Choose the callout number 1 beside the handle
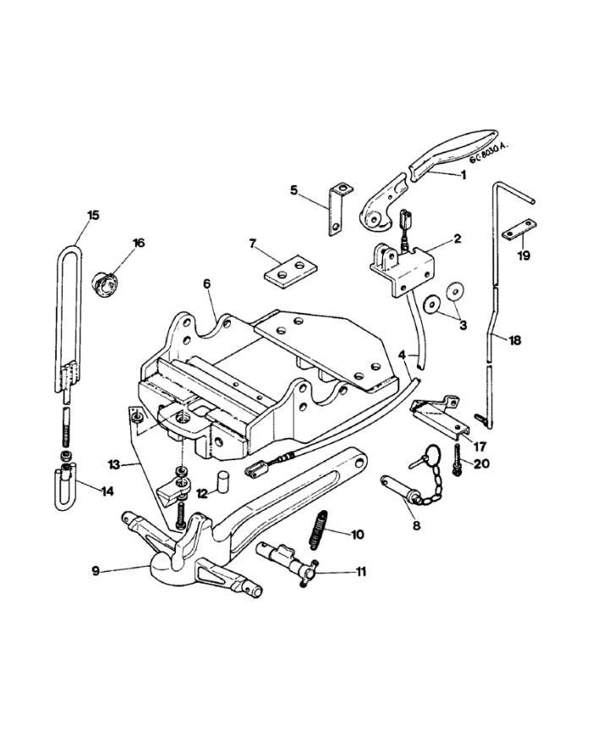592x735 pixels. click(x=463, y=175)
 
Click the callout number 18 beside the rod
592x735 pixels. click(x=514, y=340)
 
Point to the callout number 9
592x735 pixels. click(x=96, y=571)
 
